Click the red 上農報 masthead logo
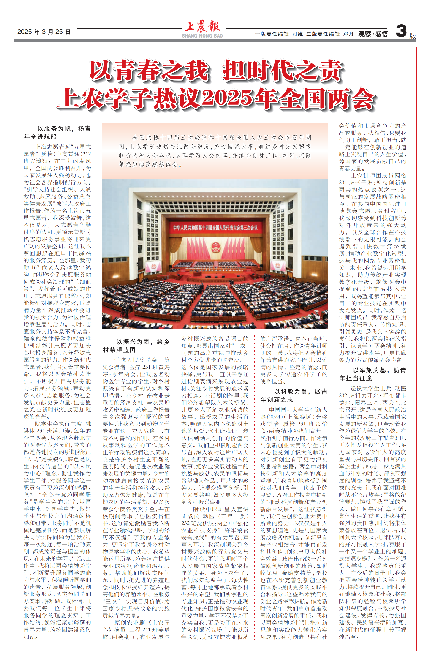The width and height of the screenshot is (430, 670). [202, 27]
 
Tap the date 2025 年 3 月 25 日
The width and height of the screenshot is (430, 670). [44, 32]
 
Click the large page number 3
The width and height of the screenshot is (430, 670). [401, 31]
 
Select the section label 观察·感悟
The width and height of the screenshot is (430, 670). [373, 34]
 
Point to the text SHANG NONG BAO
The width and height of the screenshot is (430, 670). [202, 36]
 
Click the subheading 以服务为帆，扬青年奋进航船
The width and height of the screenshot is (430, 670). [57, 133]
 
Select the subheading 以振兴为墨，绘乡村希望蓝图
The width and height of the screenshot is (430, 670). [136, 346]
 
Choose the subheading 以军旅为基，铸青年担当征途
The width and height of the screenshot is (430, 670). [373, 374]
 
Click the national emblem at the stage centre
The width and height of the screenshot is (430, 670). [215, 247]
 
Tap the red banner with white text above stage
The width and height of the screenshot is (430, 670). [215, 228]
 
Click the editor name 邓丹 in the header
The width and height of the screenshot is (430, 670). [348, 34]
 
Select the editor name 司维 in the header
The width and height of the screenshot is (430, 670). [297, 34]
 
